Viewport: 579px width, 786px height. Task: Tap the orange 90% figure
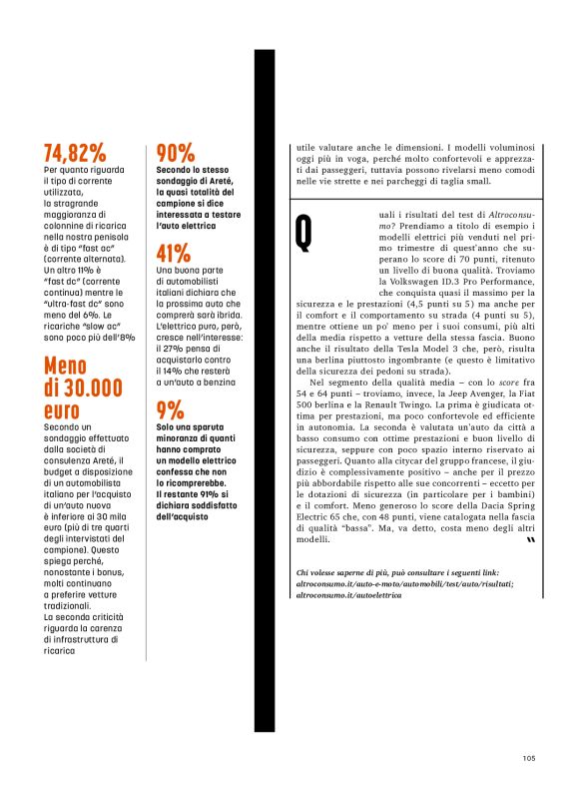[175, 153]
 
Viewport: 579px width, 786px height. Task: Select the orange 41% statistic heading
[174, 253]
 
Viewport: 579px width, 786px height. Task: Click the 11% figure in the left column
[90, 271]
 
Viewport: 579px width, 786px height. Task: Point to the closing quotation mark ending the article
[529, 540]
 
